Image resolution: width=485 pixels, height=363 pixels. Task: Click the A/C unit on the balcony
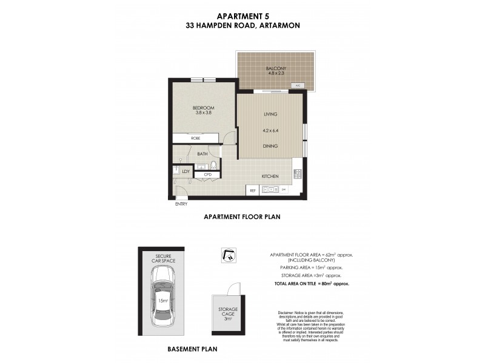click(298, 86)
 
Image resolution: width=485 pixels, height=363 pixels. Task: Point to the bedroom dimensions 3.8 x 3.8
click(204, 113)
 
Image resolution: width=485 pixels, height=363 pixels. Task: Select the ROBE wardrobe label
click(196, 139)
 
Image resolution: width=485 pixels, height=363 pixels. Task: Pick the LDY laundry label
click(186, 172)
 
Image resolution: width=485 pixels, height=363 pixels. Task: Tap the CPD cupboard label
click(207, 175)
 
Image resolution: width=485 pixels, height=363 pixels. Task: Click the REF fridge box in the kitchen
click(252, 191)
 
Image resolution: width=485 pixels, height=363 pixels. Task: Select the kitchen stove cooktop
click(298, 174)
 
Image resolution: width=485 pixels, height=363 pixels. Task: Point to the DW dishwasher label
click(283, 191)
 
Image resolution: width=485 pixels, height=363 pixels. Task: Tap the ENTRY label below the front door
click(181, 204)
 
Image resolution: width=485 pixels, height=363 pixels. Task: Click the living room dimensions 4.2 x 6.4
click(270, 129)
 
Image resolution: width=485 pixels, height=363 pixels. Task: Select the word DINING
click(270, 146)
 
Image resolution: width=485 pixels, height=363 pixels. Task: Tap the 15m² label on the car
click(162, 301)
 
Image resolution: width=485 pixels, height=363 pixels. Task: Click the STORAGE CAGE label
click(229, 312)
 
